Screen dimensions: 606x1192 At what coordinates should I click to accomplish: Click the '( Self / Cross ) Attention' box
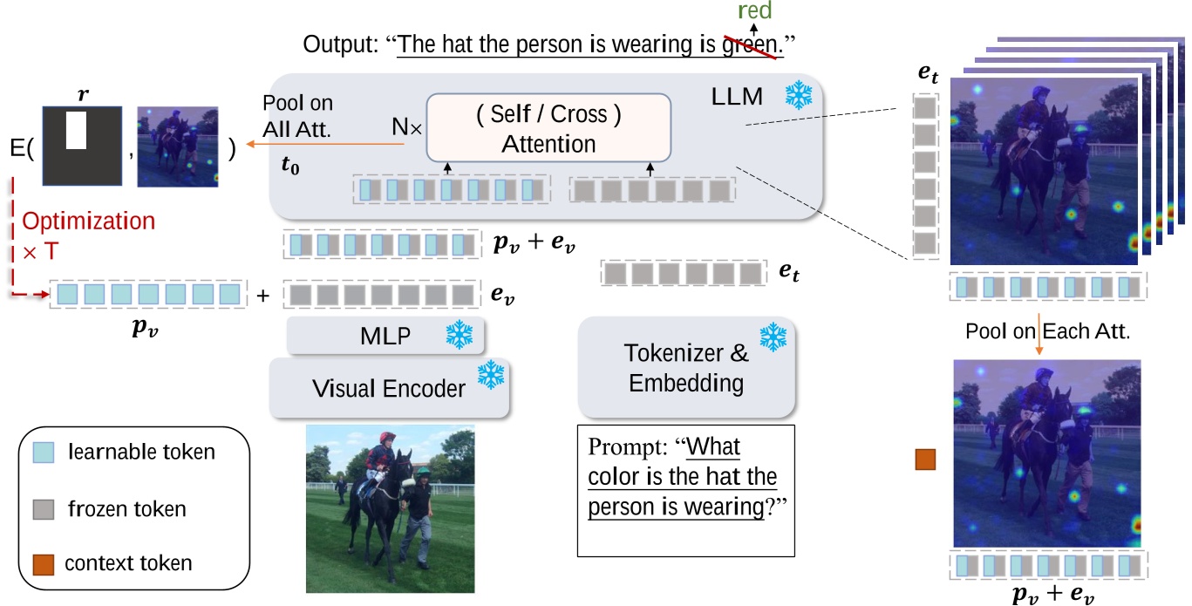[x=548, y=128]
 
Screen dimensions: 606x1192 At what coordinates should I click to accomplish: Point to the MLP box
[x=385, y=336]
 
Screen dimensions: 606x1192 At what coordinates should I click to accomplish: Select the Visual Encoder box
[x=389, y=387]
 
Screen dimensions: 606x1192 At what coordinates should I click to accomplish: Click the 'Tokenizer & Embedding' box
[x=686, y=367]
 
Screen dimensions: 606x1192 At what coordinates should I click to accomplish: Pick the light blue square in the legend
[x=43, y=452]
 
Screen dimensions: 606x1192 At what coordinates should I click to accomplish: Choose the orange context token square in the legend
[x=43, y=563]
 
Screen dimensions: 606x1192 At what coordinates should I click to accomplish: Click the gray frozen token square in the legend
[x=43, y=507]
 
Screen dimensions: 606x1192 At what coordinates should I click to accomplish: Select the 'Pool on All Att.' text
[x=297, y=115]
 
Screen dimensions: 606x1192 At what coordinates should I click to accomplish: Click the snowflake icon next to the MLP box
[x=459, y=335]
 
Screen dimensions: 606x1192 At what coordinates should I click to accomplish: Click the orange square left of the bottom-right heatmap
[x=925, y=460]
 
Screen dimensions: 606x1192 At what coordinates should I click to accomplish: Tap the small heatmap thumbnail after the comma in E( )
[x=178, y=146]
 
